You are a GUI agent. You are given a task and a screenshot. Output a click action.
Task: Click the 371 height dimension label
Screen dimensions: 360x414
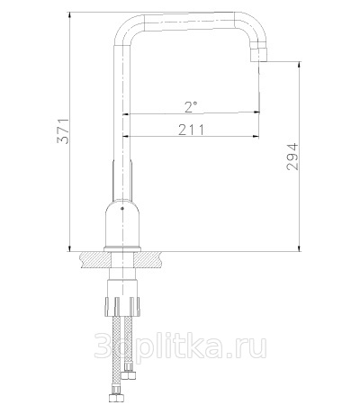click(x=63, y=131)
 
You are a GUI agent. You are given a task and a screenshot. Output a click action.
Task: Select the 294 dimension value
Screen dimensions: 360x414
click(x=292, y=157)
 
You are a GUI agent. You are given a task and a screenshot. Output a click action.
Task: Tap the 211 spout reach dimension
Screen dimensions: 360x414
click(x=191, y=130)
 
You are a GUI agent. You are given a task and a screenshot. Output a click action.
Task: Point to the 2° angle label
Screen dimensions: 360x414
click(x=191, y=107)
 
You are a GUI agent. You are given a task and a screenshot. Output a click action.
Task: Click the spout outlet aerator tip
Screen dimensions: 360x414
click(x=258, y=54)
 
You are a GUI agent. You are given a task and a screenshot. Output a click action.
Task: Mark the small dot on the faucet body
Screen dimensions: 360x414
click(x=121, y=208)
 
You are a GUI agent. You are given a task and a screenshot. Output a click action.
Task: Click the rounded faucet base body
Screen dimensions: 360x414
click(x=122, y=222)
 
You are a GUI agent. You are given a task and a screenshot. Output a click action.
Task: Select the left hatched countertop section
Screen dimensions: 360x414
click(x=95, y=259)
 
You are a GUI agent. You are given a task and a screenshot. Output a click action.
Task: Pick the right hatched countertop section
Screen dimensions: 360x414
click(x=148, y=259)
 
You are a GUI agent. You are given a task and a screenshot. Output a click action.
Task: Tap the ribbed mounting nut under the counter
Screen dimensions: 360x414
click(x=122, y=306)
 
